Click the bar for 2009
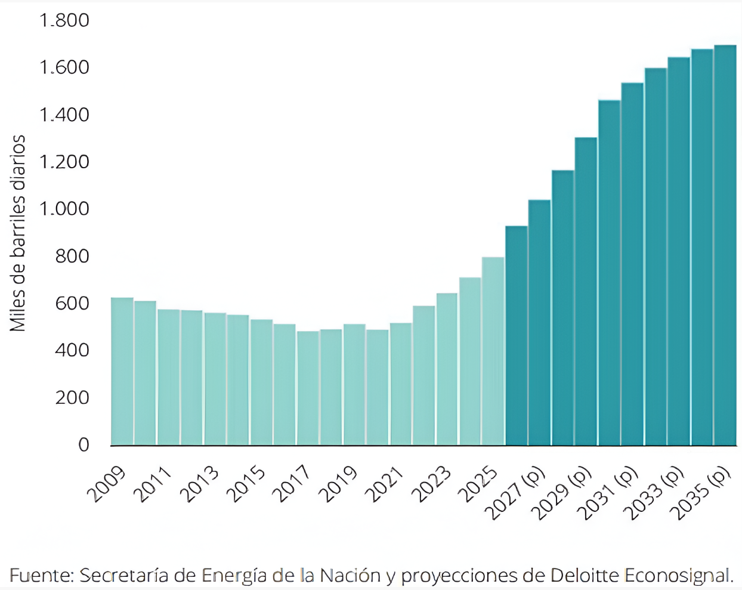tap(122, 371)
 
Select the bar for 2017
tap(308, 388)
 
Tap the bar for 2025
tap(493, 351)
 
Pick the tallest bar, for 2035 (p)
tap(725, 245)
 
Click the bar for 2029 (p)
tap(586, 291)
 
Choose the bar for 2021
tap(401, 384)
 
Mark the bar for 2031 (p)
tap(632, 264)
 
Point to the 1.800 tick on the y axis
tap(64, 20)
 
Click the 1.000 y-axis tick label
tap(64, 209)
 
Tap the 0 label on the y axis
tap(84, 445)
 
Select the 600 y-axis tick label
tap(72, 304)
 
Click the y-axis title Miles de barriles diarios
tap(17, 233)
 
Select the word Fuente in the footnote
tap(40, 575)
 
